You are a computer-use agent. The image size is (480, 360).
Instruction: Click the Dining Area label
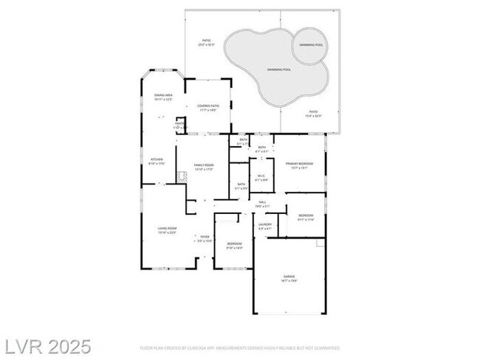coord(163,97)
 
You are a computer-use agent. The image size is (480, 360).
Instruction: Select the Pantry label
coord(179,125)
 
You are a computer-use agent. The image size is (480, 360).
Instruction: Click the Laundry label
coord(265,226)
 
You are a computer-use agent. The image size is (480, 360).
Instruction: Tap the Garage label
coord(289,278)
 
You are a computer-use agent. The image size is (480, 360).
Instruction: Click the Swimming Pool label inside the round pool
coord(309,45)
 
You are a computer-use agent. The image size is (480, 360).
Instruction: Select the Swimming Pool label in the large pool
coord(278,69)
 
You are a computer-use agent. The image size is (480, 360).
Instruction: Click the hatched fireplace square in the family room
coord(182,177)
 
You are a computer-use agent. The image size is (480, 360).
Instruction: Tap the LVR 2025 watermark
coord(46,345)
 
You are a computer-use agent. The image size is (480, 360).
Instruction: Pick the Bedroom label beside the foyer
coord(235,244)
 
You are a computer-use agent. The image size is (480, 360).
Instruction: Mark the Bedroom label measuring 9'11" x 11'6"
coord(306,217)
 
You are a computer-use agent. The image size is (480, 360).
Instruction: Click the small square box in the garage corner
coord(320,242)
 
